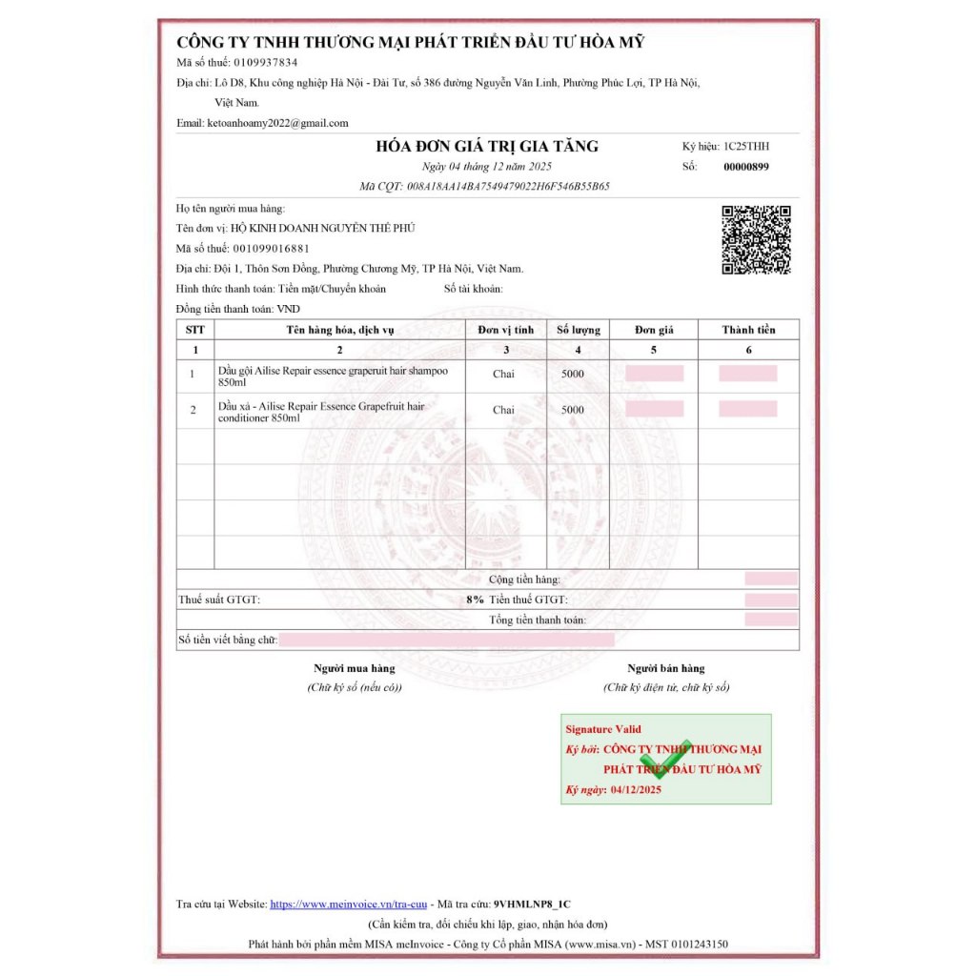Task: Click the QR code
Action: [x=756, y=239]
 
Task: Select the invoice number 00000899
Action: [x=746, y=167]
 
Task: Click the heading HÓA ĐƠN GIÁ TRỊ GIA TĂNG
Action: [x=487, y=147]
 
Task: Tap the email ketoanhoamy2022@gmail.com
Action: [x=277, y=123]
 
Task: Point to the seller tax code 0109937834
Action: [x=266, y=63]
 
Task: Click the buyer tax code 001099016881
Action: [x=270, y=249]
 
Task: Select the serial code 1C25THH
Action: [x=746, y=147]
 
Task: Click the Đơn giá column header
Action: [x=654, y=330]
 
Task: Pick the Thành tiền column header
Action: [x=748, y=330]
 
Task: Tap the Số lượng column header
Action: [x=579, y=330]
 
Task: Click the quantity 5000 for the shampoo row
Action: [x=573, y=374]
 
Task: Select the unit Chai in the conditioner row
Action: [x=503, y=410]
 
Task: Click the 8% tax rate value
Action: [x=475, y=600]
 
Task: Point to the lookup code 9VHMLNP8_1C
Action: [x=533, y=904]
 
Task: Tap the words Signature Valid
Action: [x=603, y=729]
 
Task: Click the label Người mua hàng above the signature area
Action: [x=355, y=668]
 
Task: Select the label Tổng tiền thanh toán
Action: [x=538, y=620]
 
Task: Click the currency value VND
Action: [x=288, y=309]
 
